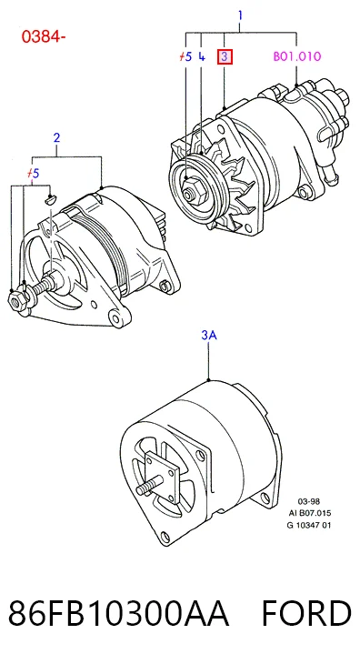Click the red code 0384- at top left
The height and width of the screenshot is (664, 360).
coord(43,37)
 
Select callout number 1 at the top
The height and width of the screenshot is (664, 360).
coord(240,15)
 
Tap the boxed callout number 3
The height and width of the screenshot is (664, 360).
coord(225,56)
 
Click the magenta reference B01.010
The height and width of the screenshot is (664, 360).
coord(297,56)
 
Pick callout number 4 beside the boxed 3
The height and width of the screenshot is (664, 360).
coord(202,56)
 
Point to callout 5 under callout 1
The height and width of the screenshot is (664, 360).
coord(185,56)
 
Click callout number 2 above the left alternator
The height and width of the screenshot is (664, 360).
coord(56,137)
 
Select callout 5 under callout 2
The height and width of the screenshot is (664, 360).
coord(33,173)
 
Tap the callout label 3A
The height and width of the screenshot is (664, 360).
coord(209,336)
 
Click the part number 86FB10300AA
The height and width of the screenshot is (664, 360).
coord(118,613)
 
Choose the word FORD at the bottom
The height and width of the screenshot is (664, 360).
coord(306,613)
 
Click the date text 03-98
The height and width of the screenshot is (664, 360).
coord(309,501)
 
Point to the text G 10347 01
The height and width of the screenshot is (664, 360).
coord(309,526)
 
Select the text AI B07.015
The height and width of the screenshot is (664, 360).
coord(310,513)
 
